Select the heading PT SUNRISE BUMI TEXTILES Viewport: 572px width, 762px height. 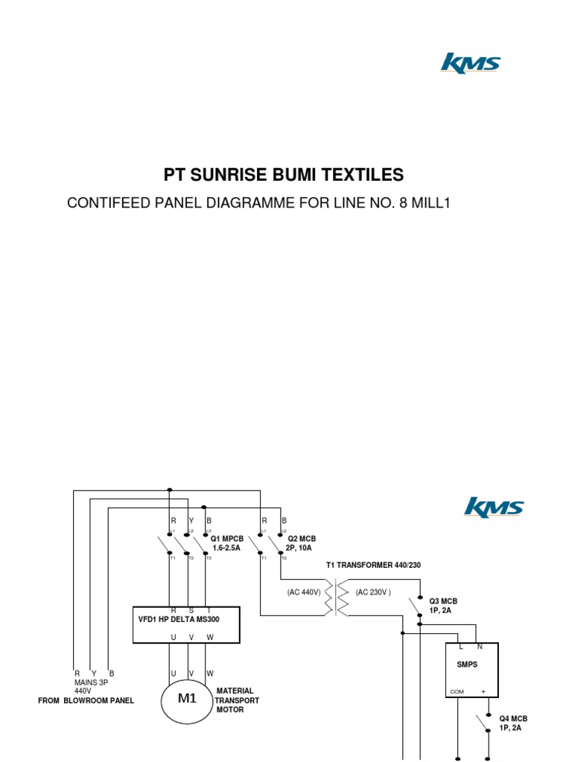[x=284, y=176]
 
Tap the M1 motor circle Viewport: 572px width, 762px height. [x=186, y=699]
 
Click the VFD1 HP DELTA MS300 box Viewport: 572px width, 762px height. [x=186, y=624]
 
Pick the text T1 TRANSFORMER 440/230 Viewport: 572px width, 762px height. [x=373, y=566]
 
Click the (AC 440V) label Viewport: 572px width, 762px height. [x=303, y=592]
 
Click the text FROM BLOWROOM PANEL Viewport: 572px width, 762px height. [x=86, y=701]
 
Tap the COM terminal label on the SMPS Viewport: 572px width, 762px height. [x=457, y=692]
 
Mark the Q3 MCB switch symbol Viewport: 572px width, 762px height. [x=416, y=606]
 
